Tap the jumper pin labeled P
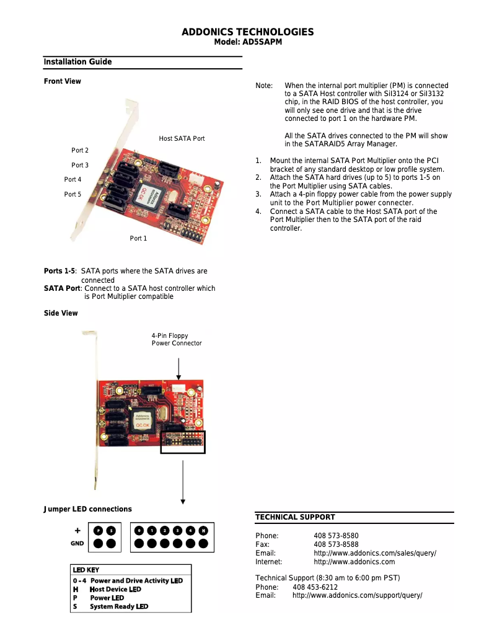coord(98,531)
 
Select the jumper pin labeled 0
coord(139,531)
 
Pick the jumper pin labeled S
coord(111,531)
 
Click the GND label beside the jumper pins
coord(77,544)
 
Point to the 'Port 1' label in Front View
coord(138,239)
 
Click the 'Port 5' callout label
coord(73,194)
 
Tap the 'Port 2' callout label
coord(80,150)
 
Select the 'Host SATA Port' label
coord(182,138)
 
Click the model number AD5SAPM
coord(248,42)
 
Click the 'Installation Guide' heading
coord(77,62)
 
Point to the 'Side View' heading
coord(61,313)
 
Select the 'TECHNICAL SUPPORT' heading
coord(295,517)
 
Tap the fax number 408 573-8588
coord(336,544)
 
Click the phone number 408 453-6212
coord(315,587)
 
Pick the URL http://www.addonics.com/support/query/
coord(357,595)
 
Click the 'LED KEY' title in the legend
coord(86,570)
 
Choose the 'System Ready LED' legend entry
coord(118,606)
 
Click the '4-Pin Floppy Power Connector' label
coord(177,339)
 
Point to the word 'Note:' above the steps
coord(264,86)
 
